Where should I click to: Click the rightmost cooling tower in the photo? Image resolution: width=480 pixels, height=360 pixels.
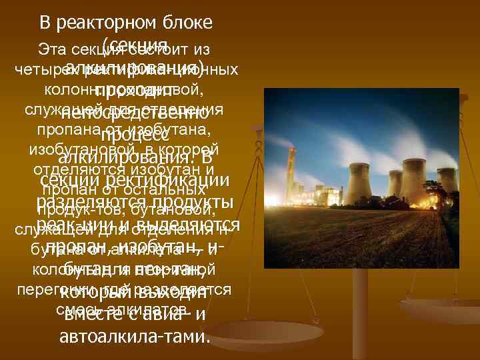tap(447, 179)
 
